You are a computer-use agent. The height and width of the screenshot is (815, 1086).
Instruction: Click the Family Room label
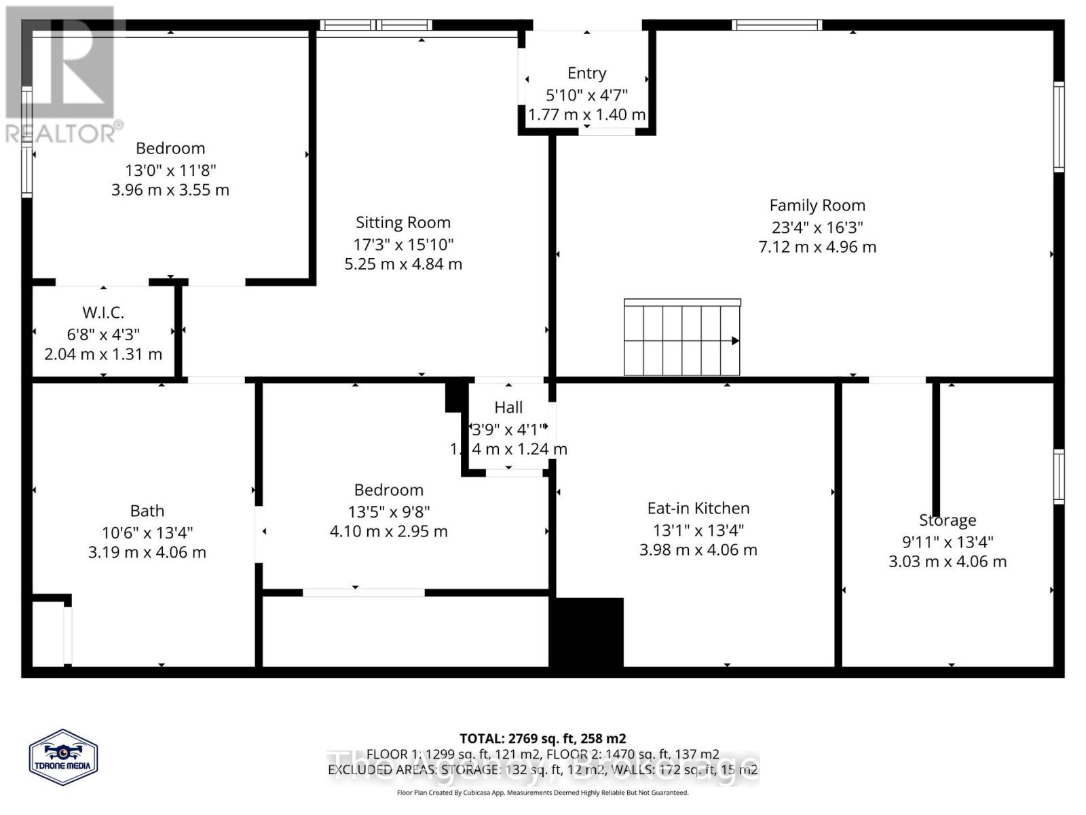817,205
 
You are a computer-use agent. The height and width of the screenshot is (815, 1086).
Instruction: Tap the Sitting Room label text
403,222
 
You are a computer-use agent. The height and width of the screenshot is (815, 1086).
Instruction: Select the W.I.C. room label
103,312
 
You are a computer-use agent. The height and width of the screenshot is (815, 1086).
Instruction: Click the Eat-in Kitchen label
698,508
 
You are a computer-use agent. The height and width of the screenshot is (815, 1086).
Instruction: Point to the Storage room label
948,520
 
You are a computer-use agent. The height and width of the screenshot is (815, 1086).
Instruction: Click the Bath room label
147,511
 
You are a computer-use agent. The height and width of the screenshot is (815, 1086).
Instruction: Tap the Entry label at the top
586,73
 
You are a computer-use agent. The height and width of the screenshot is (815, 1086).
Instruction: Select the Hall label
508,407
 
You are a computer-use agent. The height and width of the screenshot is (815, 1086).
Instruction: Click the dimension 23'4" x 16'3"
817,227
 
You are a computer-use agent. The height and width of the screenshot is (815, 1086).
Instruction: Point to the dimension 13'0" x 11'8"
170,170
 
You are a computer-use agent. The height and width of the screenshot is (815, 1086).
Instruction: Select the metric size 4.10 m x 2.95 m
388,531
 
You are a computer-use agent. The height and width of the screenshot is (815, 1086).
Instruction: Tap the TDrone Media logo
63,757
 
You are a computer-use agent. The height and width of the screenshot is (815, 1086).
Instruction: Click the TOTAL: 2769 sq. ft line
542,738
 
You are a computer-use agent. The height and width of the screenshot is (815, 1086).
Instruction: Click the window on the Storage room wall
1058,476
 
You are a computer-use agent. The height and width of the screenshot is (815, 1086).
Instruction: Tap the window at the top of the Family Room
776,25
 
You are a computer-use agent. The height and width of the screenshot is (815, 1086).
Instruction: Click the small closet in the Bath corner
49,634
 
